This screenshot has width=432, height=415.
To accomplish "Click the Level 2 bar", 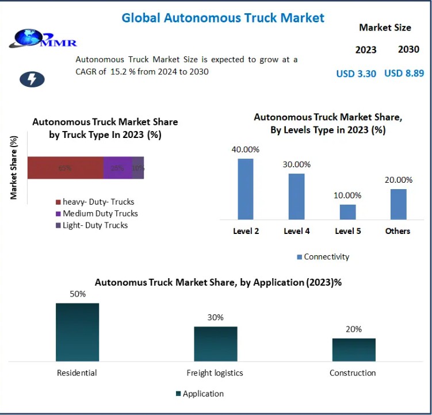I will (245, 189).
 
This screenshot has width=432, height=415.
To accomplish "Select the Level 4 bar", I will (296, 196).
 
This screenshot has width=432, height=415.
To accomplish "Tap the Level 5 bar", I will (347, 212).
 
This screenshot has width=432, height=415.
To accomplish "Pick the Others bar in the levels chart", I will (398, 204).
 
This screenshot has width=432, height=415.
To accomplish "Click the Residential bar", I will (77, 332).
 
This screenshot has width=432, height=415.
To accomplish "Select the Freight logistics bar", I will (215, 344).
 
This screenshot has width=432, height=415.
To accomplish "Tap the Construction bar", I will (353, 349).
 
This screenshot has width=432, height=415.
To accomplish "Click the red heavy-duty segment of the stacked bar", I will (65, 168).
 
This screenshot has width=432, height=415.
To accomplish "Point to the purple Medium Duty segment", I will (117, 168).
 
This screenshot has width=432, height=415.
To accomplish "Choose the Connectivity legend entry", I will (323, 257).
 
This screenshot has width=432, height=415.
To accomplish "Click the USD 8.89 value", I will (404, 73).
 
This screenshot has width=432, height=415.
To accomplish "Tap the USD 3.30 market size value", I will (356, 74).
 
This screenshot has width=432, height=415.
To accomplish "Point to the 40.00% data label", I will (246, 149).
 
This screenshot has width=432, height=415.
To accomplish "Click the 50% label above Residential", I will (78, 294).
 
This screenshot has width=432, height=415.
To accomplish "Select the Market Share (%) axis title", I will (14, 167).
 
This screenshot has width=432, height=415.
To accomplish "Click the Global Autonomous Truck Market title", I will (223, 18).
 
